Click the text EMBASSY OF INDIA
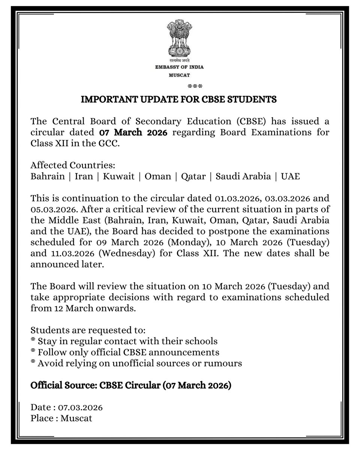pyautogui.click(x=180, y=67)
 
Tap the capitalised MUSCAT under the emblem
pyautogui.click(x=180, y=75)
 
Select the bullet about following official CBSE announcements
pyautogui.click(x=125, y=352)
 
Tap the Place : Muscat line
pyautogui.click(x=61, y=417)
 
